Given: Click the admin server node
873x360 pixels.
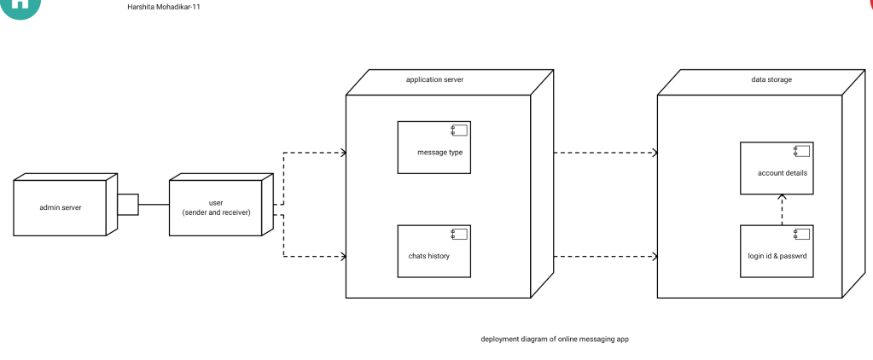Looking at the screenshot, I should tap(61, 207).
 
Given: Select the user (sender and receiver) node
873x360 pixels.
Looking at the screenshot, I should tap(216, 207).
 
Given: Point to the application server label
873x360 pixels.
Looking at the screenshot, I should tap(434, 79).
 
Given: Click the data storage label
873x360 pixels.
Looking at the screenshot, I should tap(771, 79).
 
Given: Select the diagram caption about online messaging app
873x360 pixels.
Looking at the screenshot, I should tap(555, 339).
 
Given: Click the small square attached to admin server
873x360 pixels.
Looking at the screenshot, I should tap(128, 205).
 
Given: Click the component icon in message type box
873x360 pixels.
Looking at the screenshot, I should tap(459, 130).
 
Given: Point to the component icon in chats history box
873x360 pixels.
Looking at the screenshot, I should tap(459, 233).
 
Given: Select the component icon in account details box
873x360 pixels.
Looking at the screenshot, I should tap(801, 150).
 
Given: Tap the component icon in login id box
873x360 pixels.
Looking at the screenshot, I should tap(801, 233).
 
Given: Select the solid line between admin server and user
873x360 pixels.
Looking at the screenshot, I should tap(154, 205).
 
